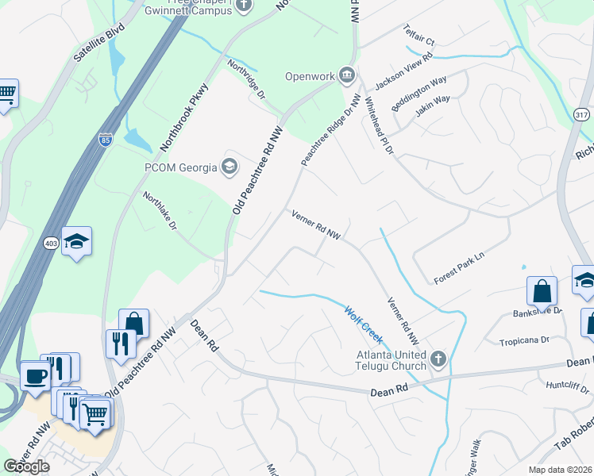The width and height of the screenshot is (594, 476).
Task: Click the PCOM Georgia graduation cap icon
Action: click(230, 167)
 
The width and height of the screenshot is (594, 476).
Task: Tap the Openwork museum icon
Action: click(346, 76)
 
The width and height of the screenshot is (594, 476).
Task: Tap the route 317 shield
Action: click(581, 115)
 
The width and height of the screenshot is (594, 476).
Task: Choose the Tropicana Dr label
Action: click(523, 340)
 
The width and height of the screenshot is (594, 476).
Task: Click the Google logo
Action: click(26, 466)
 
